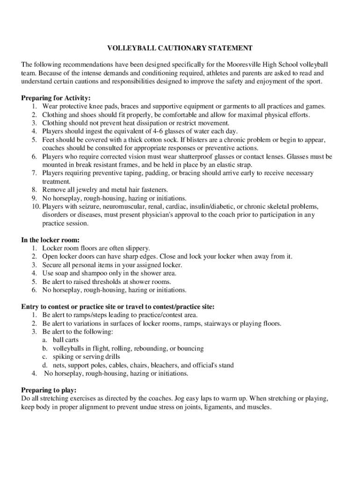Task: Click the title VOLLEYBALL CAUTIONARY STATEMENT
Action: click(180, 48)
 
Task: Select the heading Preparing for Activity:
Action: click(56, 98)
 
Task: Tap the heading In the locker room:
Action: click(50, 240)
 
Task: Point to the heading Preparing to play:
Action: click(49, 390)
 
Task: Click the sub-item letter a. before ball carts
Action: click(44, 340)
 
